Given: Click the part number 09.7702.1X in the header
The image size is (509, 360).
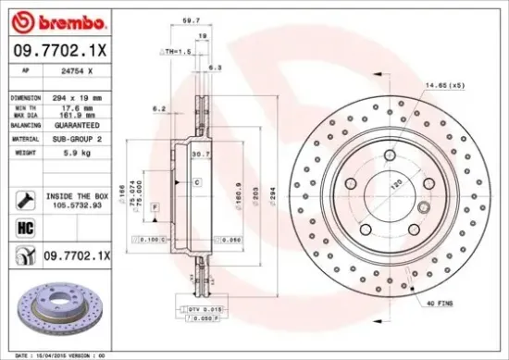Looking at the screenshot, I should tap(59, 51).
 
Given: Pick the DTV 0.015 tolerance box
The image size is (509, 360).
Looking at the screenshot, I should tap(200, 307).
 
